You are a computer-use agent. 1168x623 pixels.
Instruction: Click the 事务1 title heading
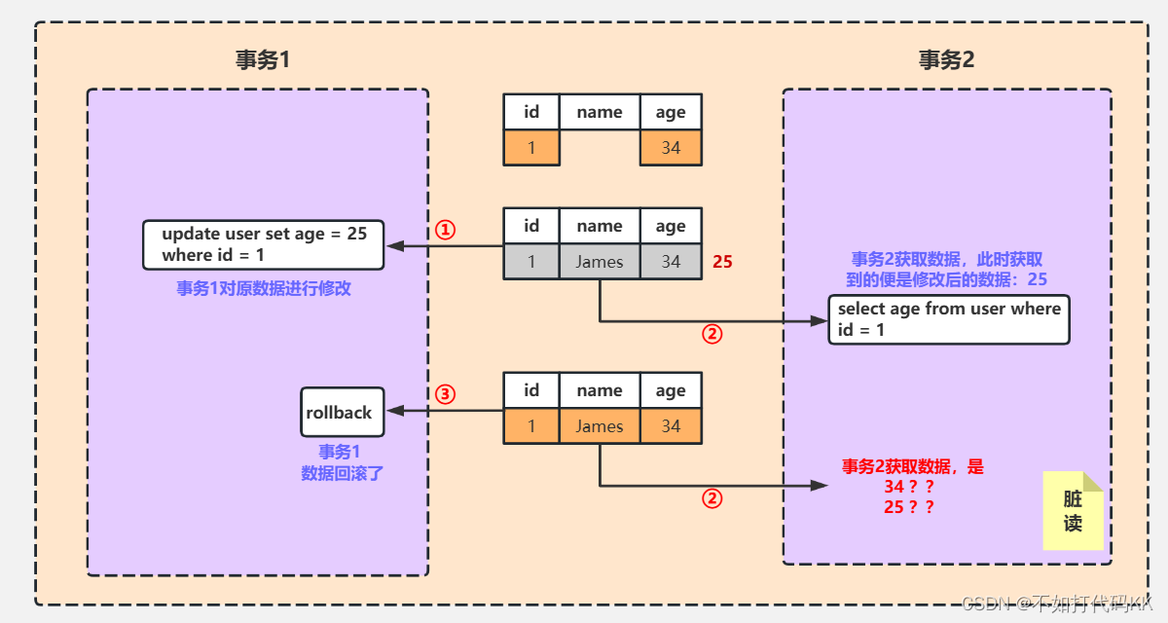pos(263,59)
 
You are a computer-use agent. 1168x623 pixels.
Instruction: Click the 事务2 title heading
pos(946,59)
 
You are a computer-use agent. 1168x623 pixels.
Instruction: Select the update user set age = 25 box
pos(263,244)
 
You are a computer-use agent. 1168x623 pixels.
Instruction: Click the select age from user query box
pos(949,319)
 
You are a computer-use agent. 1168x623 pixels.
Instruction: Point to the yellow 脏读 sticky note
pos(1073,511)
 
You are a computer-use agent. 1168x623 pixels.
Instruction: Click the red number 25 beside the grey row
pos(722,262)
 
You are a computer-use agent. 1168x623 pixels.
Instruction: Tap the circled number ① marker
pos(444,231)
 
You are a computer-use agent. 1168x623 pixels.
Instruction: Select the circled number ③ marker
pos(444,395)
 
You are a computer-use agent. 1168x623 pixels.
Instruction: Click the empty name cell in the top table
pos(600,148)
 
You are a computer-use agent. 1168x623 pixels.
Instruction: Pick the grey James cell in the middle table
pos(600,262)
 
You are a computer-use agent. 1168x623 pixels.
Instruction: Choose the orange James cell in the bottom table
pos(600,426)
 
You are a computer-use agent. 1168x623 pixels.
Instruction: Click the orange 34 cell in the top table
pos(671,148)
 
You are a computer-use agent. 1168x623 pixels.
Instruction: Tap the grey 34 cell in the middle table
pos(671,262)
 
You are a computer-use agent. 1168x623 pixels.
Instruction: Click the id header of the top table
pos(531,112)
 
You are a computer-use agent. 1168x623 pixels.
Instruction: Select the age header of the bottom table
pos(671,390)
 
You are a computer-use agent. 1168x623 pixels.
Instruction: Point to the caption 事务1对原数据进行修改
pos(263,289)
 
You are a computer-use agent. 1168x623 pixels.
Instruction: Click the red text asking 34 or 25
pos(912,487)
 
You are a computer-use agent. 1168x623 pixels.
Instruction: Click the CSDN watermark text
pos(1056,604)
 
